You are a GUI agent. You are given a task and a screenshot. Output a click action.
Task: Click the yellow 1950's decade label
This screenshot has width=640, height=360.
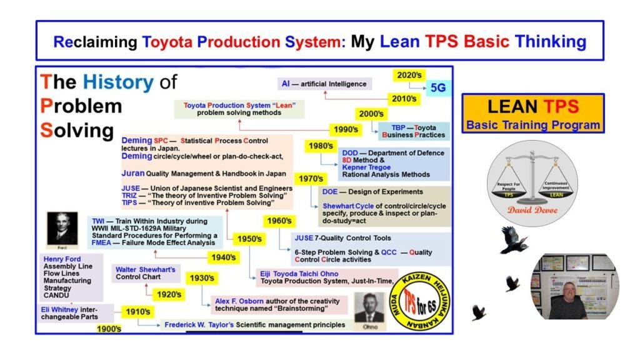point(249,239)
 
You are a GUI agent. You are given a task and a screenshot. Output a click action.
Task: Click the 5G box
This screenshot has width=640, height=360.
point(437,87)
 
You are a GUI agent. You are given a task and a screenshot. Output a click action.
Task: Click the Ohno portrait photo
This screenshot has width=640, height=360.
point(369,310)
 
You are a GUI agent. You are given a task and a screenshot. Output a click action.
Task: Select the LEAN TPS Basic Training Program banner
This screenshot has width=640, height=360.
point(533,113)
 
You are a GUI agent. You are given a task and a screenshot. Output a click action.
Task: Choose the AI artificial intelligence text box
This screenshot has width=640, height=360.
point(324,83)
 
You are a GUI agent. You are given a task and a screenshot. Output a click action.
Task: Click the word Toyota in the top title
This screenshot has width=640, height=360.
point(168,42)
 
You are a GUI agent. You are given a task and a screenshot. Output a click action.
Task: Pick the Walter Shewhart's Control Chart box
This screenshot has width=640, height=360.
point(145,274)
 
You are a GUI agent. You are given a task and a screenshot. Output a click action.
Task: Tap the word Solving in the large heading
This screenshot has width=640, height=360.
point(76,130)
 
